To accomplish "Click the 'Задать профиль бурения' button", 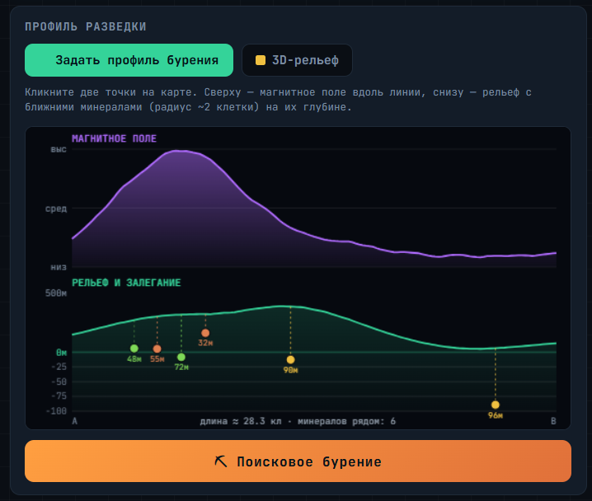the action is [x=129, y=60].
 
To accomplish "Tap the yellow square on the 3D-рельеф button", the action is [x=261, y=60].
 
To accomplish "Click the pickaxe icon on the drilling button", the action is [x=221, y=461].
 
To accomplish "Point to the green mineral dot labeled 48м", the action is [x=134, y=349].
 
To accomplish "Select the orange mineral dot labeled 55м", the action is [x=157, y=349].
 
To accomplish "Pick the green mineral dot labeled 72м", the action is [x=181, y=357].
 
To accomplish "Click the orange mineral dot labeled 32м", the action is [x=205, y=333].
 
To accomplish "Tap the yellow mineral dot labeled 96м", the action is [x=496, y=405].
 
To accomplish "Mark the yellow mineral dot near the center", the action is [x=290, y=359].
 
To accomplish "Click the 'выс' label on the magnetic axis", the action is [x=59, y=149].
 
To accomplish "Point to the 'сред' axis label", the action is [x=56, y=208].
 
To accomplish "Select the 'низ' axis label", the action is [x=59, y=267].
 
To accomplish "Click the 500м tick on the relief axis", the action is [x=56, y=293].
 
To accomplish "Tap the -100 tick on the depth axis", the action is [x=56, y=411].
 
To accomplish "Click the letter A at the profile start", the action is [x=75, y=421].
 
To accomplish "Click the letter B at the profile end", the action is [x=553, y=421].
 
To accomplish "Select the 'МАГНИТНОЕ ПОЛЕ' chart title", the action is [x=114, y=138].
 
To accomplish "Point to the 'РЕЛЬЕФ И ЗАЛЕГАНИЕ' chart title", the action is [x=126, y=283].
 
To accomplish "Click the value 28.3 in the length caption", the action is [x=254, y=421].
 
